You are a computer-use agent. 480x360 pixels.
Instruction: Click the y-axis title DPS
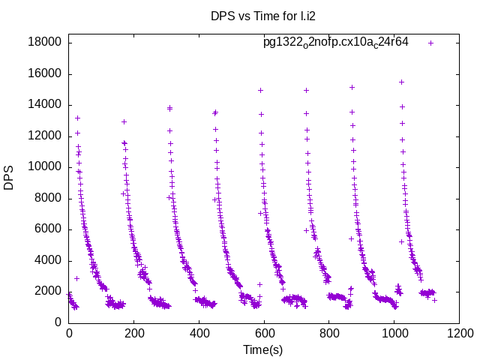[9, 178]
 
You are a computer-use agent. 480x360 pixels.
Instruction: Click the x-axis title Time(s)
[263, 349]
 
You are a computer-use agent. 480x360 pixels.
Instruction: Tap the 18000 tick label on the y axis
[44, 43]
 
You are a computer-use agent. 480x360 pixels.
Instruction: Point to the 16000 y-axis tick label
[44, 73]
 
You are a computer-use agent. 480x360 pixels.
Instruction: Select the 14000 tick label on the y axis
[44, 105]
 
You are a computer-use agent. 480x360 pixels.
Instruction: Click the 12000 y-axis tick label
[44, 136]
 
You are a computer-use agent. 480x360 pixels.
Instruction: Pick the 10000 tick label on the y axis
[44, 167]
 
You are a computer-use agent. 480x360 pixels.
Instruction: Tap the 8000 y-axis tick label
[47, 198]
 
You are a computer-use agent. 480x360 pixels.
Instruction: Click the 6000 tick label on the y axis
[47, 229]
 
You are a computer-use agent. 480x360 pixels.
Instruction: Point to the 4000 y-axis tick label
[47, 260]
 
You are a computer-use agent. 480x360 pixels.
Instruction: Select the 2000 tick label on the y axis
[47, 292]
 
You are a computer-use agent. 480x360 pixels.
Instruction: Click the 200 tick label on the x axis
[133, 334]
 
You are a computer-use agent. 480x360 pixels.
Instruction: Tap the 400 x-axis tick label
[199, 334]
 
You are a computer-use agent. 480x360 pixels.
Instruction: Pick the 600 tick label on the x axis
[263, 334]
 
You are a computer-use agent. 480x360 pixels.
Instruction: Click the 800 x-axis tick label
[328, 334]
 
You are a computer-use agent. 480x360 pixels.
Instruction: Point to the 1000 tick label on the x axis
[393, 334]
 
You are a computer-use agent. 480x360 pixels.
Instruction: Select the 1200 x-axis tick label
[458, 334]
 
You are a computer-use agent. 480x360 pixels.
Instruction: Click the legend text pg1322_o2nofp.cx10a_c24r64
[335, 43]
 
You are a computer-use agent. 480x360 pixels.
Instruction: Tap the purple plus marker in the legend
[430, 43]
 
